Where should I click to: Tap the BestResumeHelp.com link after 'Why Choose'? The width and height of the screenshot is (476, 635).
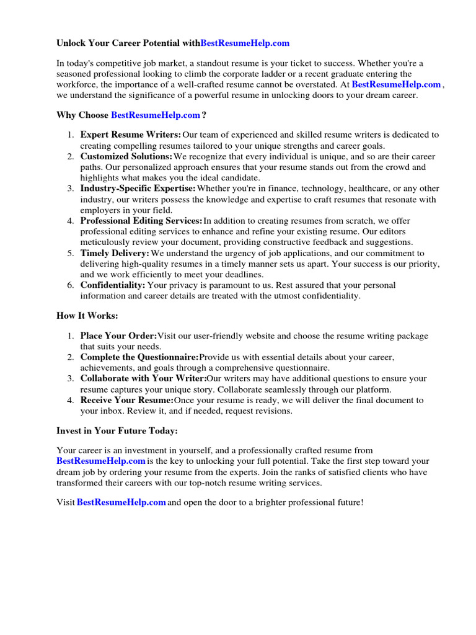coord(156,115)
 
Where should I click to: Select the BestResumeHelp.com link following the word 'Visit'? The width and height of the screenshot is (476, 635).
coord(121,502)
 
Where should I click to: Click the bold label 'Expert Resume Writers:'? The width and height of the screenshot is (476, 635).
coord(131,135)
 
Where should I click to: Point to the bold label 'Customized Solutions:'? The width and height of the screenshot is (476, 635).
coord(126,156)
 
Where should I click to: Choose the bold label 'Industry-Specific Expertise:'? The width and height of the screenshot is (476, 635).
coord(138,189)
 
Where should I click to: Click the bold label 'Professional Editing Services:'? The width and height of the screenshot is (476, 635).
coord(141,221)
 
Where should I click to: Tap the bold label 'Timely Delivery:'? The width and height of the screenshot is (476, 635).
coord(115,253)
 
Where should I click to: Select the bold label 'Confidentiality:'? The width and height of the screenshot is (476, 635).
coord(113,285)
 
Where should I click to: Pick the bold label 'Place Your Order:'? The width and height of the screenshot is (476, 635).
coord(118,336)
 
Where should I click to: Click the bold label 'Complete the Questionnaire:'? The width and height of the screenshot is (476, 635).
coord(139,358)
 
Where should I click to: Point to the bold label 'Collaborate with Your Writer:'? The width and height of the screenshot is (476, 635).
coord(143,378)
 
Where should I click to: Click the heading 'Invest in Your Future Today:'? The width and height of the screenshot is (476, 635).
coord(117,430)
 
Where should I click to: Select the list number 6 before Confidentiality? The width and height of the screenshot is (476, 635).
coord(71,285)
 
